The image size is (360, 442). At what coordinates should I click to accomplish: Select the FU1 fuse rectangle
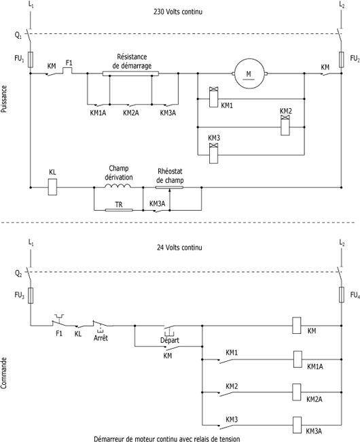pos(31,60)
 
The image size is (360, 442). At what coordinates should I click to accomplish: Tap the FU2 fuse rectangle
pos(342,60)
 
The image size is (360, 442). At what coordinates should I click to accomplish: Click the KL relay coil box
pos(52,187)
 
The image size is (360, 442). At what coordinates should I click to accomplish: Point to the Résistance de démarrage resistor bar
pos(130,74)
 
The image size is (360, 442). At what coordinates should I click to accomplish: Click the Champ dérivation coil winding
pos(118,186)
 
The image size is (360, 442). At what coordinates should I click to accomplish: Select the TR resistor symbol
pos(119,210)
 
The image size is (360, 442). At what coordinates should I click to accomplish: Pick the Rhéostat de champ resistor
pos(169,187)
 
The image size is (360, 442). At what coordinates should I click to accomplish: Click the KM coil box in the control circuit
pos(297,326)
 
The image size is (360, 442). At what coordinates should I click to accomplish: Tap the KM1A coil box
pos(298,359)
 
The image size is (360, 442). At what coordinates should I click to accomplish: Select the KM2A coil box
pos(297,392)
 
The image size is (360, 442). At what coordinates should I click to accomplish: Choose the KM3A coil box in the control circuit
pos(298,425)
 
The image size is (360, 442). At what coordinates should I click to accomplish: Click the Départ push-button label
pos(170,340)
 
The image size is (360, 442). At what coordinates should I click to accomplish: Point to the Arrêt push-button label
pos(101,338)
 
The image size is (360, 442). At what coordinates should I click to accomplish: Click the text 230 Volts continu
pos(178,12)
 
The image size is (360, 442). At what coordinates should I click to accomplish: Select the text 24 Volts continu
pos(179,248)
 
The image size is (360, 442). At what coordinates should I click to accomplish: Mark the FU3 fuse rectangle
pos(31,295)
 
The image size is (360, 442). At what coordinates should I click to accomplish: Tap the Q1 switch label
pos(18,35)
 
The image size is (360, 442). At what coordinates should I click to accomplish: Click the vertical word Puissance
pos(4,99)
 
